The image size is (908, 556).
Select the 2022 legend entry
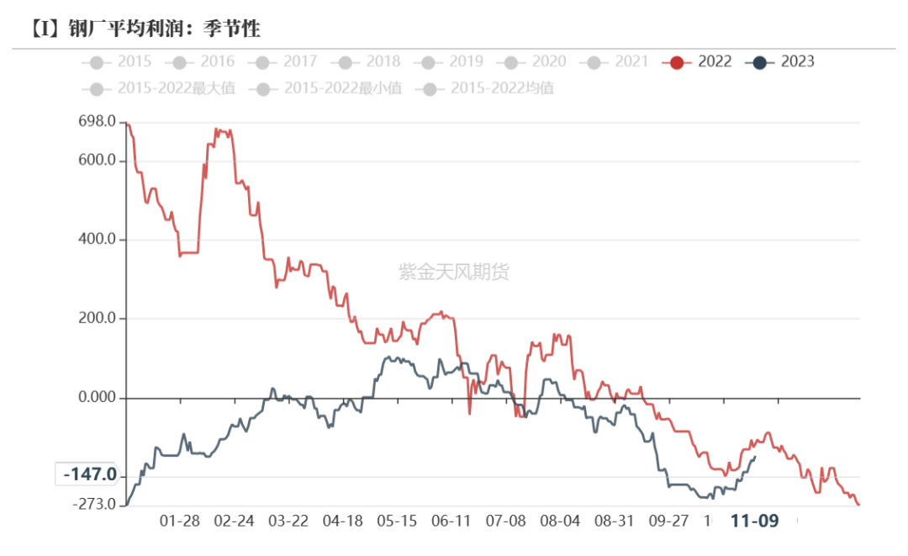pyautogui.click(x=697, y=61)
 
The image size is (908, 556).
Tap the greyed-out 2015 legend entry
pyautogui.click(x=117, y=61)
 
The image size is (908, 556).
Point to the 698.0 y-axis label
pyautogui.click(x=97, y=123)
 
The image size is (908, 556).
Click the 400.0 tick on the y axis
pyautogui.click(x=97, y=240)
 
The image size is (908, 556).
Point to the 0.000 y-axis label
pyautogui.click(x=97, y=397)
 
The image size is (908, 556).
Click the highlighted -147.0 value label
pyautogui.click(x=90, y=475)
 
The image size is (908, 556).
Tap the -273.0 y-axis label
pyautogui.click(x=93, y=504)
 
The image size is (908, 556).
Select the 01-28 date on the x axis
pyautogui.click(x=179, y=521)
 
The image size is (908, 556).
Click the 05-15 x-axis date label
pyautogui.click(x=397, y=521)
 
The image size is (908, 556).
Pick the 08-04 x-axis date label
pyautogui.click(x=560, y=521)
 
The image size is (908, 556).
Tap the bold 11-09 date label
pyautogui.click(x=754, y=521)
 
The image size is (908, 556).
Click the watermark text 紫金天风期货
pyautogui.click(x=454, y=272)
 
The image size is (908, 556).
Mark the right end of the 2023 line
pyautogui.click(x=755, y=457)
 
